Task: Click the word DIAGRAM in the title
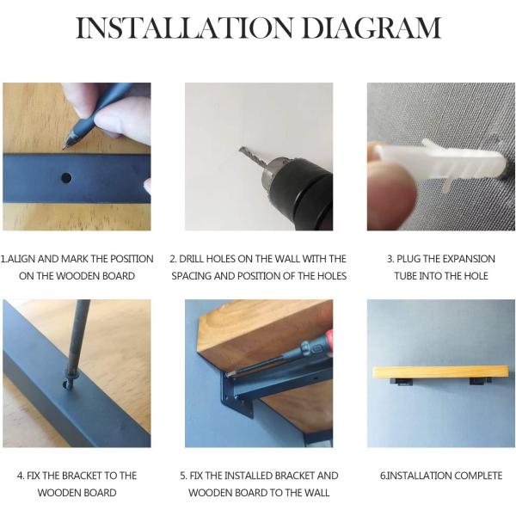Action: point(372,28)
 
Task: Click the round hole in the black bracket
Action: point(66,178)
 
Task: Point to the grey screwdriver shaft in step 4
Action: point(78,335)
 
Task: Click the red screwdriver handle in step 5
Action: point(327,341)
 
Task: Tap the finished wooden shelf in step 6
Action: point(440,372)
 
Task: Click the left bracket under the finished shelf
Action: point(402,382)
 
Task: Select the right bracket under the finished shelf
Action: point(480,382)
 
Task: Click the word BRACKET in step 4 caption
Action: point(82,476)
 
